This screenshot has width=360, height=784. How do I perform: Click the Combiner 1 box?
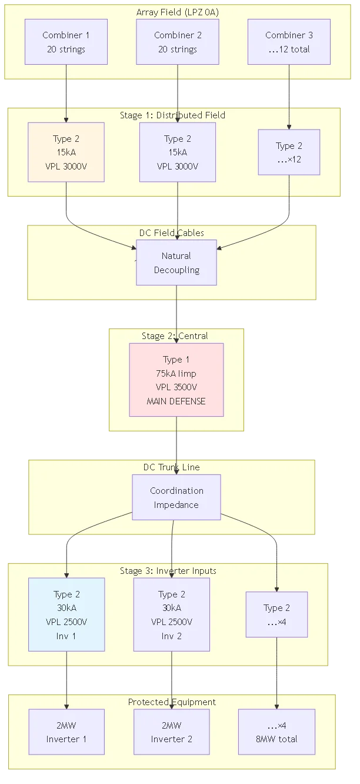tap(66, 42)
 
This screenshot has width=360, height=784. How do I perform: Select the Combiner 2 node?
tap(178, 42)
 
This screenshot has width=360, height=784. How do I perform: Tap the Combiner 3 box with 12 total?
tap(288, 42)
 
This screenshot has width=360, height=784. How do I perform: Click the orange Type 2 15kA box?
tap(66, 152)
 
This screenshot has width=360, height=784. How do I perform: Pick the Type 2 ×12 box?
tap(289, 152)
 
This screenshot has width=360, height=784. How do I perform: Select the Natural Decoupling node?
tap(176, 263)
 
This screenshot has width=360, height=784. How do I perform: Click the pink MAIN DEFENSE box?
tap(176, 380)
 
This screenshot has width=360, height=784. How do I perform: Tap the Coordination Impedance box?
tap(176, 497)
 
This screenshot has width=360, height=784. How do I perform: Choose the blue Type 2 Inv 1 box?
tap(66, 614)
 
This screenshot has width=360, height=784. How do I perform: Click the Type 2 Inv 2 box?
tap(172, 614)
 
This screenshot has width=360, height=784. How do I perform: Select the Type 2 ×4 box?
tap(276, 614)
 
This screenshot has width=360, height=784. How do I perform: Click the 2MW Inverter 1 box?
tap(66, 732)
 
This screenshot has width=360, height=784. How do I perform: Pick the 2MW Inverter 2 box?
tap(172, 732)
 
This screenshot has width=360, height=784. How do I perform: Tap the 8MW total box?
tap(276, 732)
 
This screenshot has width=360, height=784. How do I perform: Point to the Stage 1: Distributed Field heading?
tap(172, 115)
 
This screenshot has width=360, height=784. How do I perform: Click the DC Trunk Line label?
tap(172, 467)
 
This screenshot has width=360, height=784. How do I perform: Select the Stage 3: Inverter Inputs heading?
tap(168, 571)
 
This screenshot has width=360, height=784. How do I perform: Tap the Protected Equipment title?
tap(172, 702)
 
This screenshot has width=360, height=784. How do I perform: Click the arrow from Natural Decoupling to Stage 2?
tap(176, 312)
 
